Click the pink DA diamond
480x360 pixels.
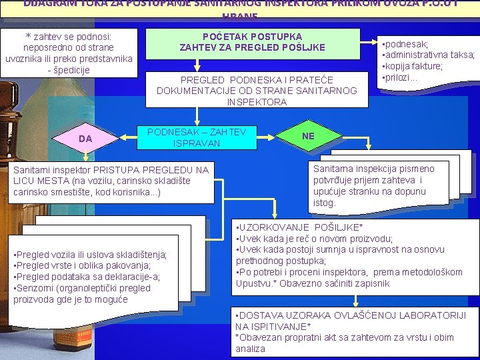pyautogui.click(x=85, y=138)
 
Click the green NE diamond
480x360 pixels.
pyautogui.click(x=308, y=136)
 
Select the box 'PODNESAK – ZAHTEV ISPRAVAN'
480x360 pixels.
pyautogui.click(x=197, y=137)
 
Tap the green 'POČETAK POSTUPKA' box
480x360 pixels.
pyautogui.click(x=252, y=42)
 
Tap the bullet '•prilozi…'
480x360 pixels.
pyautogui.click(x=399, y=77)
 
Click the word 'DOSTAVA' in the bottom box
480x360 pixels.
pyautogui.click(x=261, y=315)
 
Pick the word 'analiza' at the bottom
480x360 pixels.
pyautogui.click(x=250, y=349)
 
